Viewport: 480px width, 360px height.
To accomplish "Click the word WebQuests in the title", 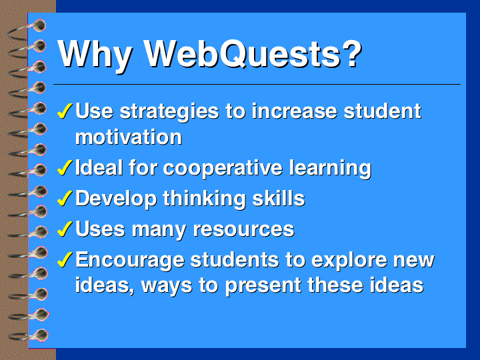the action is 253,54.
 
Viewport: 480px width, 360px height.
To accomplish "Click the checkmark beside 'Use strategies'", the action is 65,110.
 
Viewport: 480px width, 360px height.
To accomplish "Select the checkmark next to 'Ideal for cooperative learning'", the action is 65,167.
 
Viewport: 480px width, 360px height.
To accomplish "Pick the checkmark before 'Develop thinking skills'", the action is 65,198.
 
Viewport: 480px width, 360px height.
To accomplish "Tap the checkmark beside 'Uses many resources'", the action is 65,229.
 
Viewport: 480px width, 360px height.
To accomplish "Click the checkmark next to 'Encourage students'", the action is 65,259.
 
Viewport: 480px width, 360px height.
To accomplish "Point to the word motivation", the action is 129,137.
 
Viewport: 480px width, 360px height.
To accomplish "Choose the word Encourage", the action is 130,261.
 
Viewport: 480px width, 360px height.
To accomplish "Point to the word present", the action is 263,286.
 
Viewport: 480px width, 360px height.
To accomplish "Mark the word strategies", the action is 169,112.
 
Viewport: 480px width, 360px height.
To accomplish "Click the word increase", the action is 294,111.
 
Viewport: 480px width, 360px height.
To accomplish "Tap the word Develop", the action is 116,199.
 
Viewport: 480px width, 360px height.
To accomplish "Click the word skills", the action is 279,198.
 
